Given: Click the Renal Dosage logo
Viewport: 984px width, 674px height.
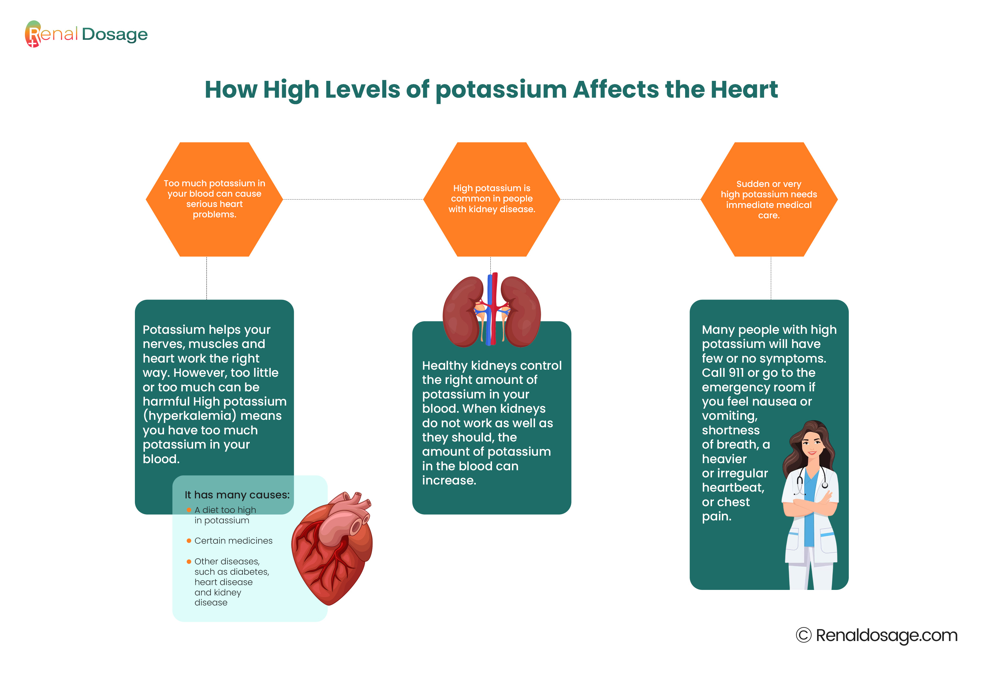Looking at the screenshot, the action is point(86,34).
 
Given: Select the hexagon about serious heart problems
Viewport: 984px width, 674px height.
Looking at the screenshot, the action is point(214,199).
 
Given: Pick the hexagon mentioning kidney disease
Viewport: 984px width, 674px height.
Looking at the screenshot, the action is point(492,199).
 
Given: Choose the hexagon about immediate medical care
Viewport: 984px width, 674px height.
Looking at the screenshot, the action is point(769,199).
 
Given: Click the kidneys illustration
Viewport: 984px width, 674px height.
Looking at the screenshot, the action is point(492,310).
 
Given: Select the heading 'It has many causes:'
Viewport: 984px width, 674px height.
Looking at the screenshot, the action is point(237,495).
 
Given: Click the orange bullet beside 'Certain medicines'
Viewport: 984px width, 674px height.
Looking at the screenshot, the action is point(189,541).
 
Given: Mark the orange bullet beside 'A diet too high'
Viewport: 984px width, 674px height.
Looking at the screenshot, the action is point(189,510).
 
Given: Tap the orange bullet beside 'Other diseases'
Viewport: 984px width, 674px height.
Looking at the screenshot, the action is point(189,561).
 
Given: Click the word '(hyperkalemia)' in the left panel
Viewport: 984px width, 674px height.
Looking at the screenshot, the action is point(189,416).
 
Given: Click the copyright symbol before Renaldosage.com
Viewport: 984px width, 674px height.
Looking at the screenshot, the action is point(803,635).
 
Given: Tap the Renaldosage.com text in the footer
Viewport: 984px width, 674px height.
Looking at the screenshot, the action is point(887,636).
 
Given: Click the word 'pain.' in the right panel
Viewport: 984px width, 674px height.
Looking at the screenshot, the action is point(716,516).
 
